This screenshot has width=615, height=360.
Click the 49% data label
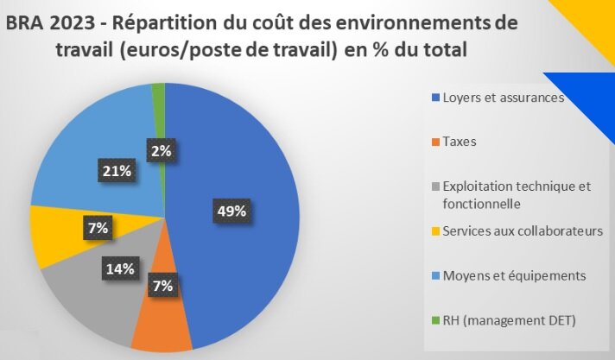pyautogui.click(x=232, y=210)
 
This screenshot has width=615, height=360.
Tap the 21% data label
pyautogui.click(x=115, y=171)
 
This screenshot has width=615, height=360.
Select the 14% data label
pyautogui.click(x=119, y=268)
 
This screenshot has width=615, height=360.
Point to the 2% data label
pyautogui.click(x=161, y=150)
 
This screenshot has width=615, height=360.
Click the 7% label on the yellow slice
pyautogui.click(x=98, y=228)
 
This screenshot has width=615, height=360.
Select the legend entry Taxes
pyautogui.click(x=459, y=141)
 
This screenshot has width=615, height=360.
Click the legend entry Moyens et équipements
pyautogui.click(x=514, y=275)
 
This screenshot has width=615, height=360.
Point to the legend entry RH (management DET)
pyautogui.click(x=509, y=320)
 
